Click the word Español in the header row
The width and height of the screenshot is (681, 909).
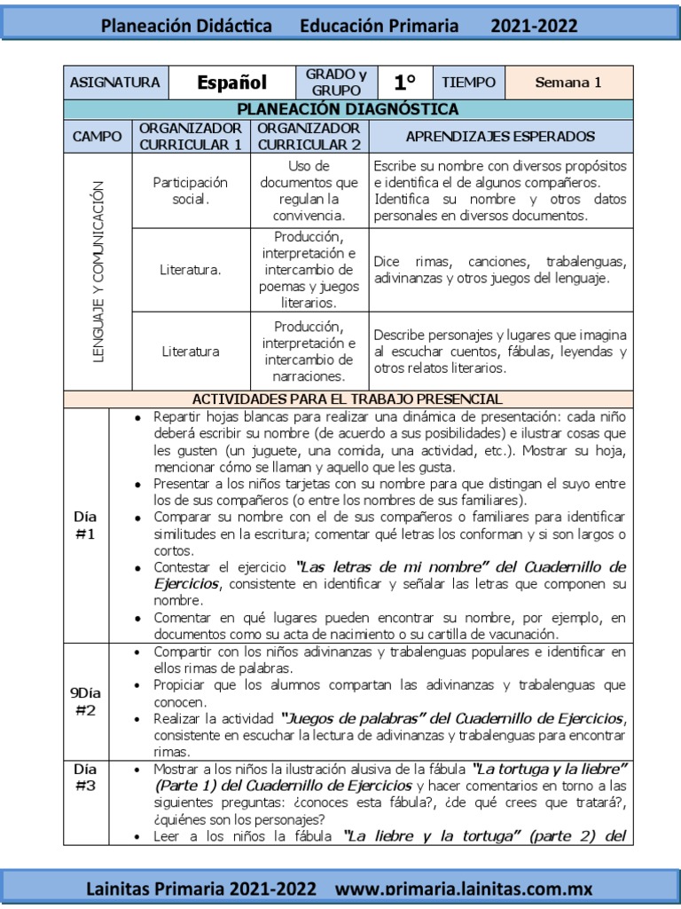click(x=231, y=83)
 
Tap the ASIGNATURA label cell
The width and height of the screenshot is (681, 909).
click(x=114, y=83)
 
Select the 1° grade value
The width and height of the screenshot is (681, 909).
click(x=405, y=83)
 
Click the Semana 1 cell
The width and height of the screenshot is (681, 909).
click(x=568, y=83)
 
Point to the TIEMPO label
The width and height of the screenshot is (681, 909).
click(x=469, y=83)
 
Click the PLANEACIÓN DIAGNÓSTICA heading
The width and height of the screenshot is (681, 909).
click(x=348, y=110)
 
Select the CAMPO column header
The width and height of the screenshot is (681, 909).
click(x=98, y=137)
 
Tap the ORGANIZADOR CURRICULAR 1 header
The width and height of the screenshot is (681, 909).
click(x=191, y=137)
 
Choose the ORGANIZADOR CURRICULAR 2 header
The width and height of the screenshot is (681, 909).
click(x=309, y=137)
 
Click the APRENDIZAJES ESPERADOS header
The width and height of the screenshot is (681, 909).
click(x=500, y=137)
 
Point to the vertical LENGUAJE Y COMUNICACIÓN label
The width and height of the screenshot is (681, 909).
click(x=98, y=271)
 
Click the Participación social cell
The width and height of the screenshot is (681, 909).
click(x=191, y=190)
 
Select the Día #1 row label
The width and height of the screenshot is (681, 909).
click(x=86, y=525)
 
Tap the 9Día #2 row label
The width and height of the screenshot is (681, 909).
click(x=86, y=701)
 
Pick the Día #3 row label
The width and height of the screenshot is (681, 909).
click(x=86, y=778)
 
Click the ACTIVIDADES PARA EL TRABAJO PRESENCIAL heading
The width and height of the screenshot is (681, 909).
click(x=348, y=399)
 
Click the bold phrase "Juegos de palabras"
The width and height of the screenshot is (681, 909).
click(x=343, y=718)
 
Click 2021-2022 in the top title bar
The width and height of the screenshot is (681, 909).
click(x=534, y=26)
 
